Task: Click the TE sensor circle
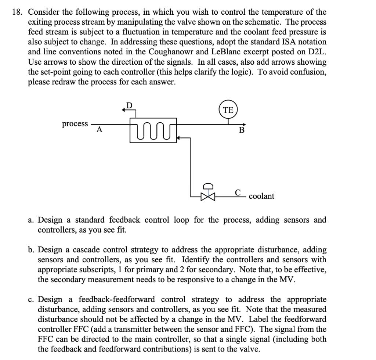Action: pos(228,110)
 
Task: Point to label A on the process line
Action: pos(99,130)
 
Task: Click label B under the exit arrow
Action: pos(242,130)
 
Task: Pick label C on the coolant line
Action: pos(238,192)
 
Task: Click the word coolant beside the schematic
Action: pos(261,196)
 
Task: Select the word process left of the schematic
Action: pos(75,124)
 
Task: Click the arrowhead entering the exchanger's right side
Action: pos(179,138)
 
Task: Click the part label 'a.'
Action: pos(32,220)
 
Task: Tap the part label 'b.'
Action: pos(32,250)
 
